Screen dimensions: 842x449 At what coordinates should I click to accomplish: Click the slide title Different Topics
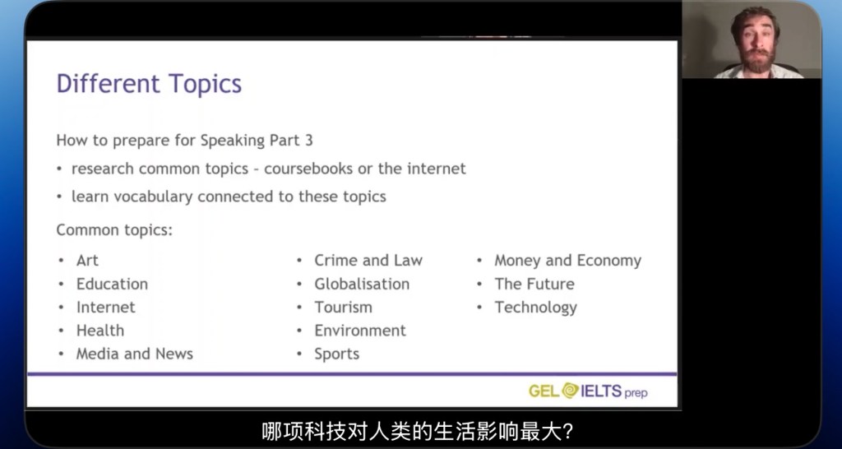pos(150,85)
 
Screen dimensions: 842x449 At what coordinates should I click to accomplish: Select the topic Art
pos(87,261)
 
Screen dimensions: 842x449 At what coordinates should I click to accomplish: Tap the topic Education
pos(112,284)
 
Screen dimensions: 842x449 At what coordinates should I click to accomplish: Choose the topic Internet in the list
pos(106,308)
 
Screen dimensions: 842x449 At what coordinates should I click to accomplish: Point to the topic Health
pos(99,331)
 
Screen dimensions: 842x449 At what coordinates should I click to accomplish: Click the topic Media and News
pos(134,354)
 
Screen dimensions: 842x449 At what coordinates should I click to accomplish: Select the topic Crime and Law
pos(368,261)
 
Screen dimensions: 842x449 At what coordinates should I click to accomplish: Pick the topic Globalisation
pos(362,284)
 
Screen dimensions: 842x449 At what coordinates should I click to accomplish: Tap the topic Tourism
pos(343,308)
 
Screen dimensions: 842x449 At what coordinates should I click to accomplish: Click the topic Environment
pos(360,331)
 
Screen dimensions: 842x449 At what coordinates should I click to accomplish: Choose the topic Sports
pos(336,354)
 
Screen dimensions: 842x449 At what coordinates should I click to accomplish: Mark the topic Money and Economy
pos(568,261)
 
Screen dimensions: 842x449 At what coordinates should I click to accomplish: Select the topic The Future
pos(534,284)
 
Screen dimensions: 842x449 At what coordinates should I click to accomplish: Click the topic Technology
pos(536,308)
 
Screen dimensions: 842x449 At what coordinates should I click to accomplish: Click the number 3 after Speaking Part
pos(308,141)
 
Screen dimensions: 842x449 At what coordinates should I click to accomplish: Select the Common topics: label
pos(114,230)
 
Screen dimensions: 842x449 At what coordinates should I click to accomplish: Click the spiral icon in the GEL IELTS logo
pos(571,391)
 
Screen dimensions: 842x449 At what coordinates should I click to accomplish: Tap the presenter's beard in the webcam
pos(758,59)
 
